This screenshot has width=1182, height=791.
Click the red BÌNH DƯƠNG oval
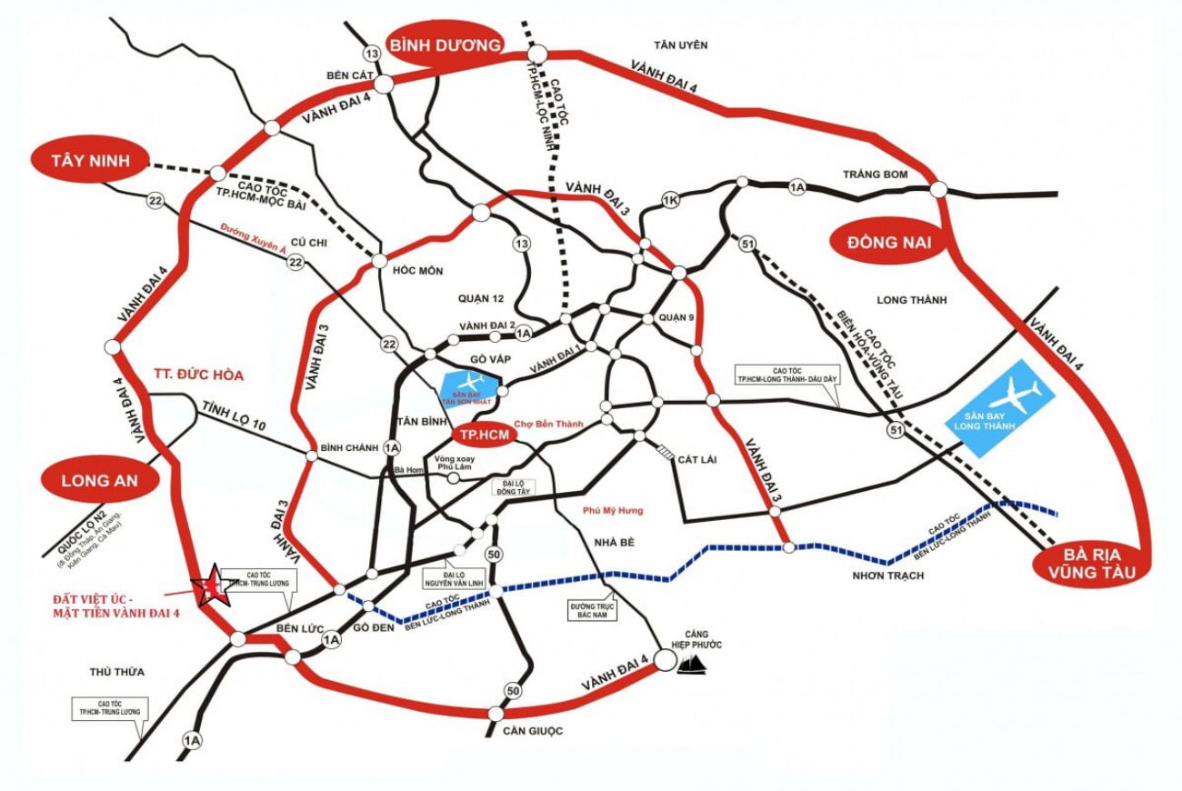pyautogui.click(x=446, y=45)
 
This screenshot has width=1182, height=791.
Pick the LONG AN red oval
pyautogui.click(x=98, y=481)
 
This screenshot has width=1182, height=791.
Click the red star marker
pyautogui.click(x=211, y=584)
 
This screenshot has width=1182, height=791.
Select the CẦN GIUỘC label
pyautogui.click(x=525, y=731)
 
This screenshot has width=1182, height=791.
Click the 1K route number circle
pyautogui.click(x=670, y=200)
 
